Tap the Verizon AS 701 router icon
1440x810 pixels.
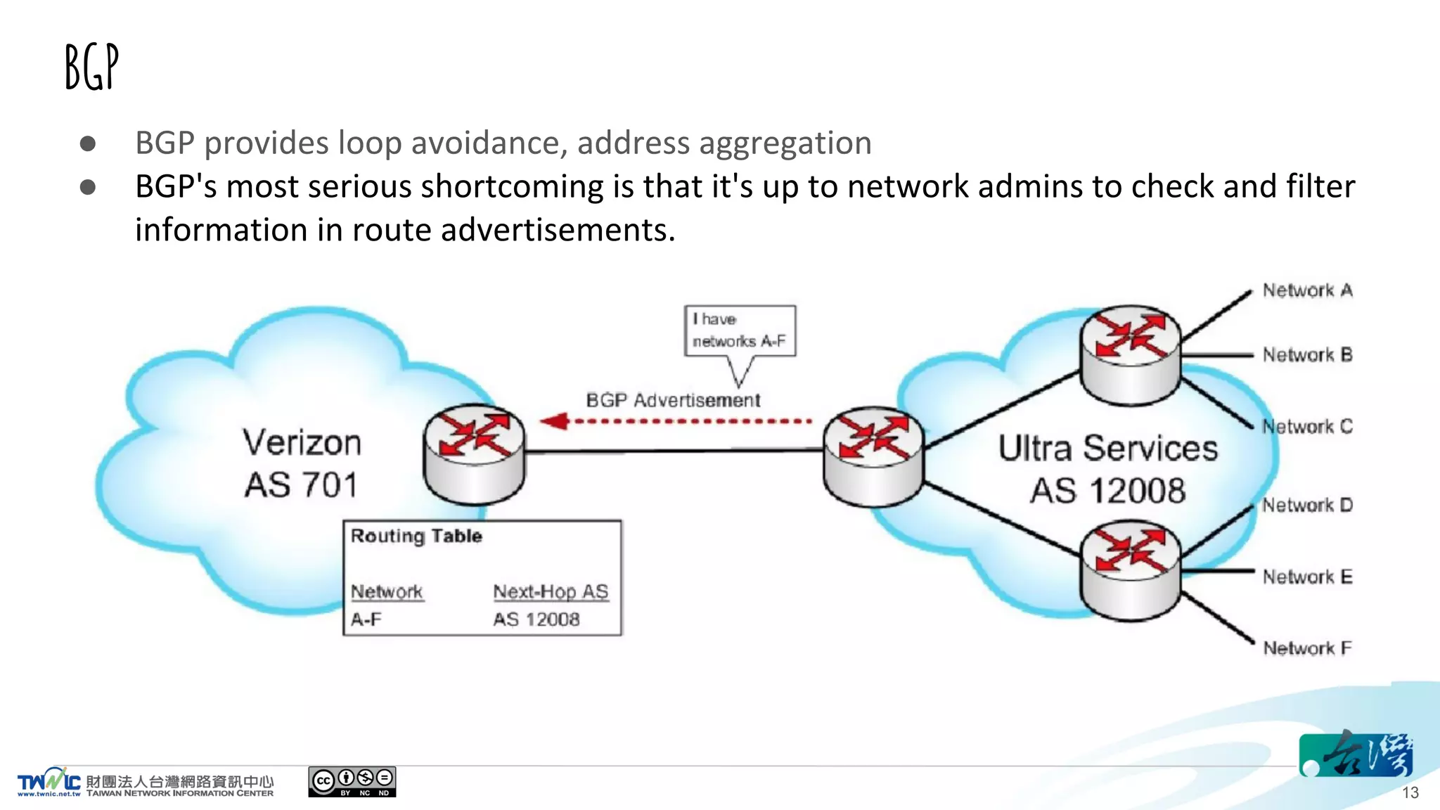coord(474,454)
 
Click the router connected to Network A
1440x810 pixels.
coord(1131,354)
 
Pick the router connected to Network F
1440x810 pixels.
coord(1131,570)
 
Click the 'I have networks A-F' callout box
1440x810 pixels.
coord(740,330)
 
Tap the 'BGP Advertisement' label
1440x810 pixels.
coord(673,400)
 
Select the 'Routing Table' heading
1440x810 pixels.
coord(416,536)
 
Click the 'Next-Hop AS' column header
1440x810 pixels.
coord(551,591)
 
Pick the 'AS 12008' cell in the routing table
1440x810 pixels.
coord(536,619)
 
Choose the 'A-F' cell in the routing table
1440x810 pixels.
coord(366,619)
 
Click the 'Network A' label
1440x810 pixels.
coord(1307,290)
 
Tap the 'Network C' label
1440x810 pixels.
coord(1307,427)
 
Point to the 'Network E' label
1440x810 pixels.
coord(1307,577)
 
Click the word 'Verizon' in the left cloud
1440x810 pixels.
coord(302,443)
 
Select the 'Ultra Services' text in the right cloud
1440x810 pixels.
coord(1107,449)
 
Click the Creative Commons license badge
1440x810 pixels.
coord(352,782)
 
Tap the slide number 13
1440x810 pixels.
coord(1410,792)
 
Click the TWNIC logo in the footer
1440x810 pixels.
coord(49,782)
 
